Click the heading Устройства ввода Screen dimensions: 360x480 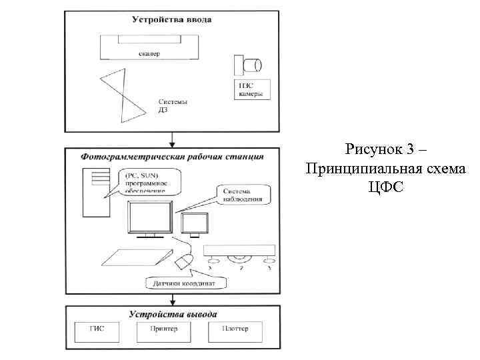tap(171, 20)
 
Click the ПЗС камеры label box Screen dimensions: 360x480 tap(251, 89)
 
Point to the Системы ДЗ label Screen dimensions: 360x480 tap(173, 106)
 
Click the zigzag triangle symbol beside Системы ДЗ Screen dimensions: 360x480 tap(124, 96)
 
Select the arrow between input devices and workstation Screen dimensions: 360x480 tap(173, 139)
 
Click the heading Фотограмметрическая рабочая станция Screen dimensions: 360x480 tap(172, 157)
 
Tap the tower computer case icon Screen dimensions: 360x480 tap(93, 193)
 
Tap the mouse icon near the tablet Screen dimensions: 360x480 tap(183, 261)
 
